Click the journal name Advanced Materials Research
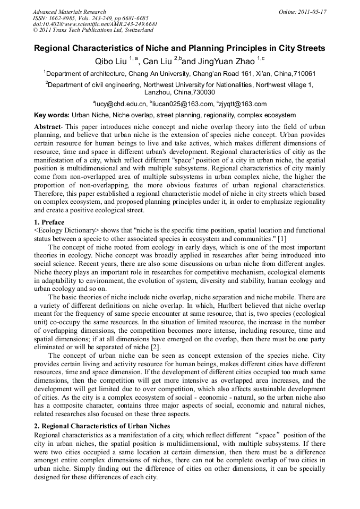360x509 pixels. (x=69, y=12)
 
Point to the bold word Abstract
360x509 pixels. (x=49, y=127)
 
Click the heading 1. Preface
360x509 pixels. (x=49, y=222)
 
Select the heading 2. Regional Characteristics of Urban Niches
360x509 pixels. (x=102, y=426)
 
